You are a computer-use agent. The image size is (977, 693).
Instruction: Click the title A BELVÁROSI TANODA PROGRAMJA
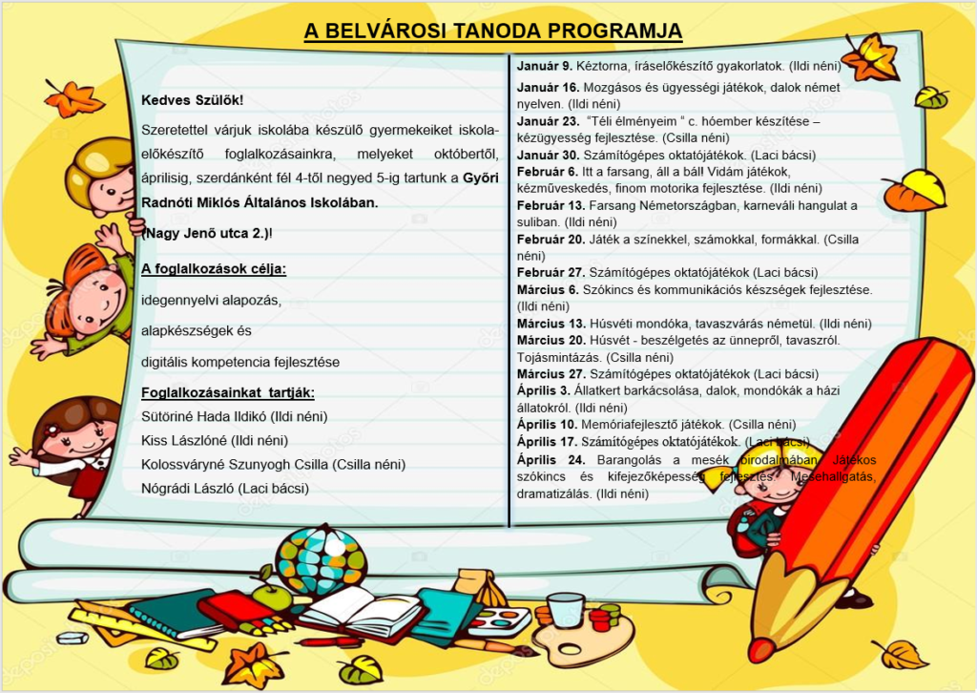(x=493, y=31)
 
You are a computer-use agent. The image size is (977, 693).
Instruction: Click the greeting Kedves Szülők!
(x=192, y=100)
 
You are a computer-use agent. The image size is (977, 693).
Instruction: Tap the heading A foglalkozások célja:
(x=213, y=268)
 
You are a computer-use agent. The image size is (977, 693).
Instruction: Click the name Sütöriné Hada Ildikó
(x=203, y=417)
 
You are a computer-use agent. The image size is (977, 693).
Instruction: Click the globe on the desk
(x=321, y=558)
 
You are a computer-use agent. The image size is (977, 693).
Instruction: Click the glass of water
(x=566, y=609)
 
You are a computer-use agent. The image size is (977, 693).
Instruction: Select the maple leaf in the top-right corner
(x=869, y=57)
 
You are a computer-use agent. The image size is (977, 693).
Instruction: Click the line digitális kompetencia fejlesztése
(x=240, y=363)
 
